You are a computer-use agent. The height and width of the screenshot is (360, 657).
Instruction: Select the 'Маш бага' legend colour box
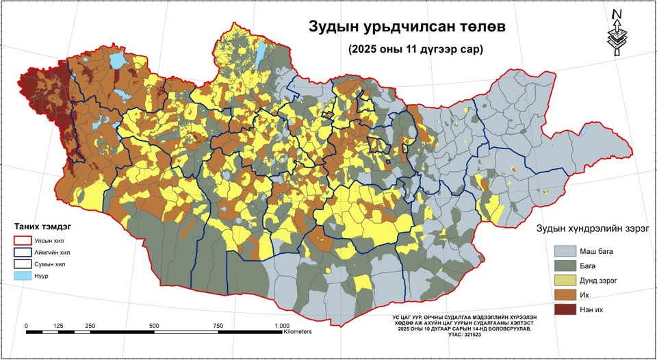(x=566, y=251)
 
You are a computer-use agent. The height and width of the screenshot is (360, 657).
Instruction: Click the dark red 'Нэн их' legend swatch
(x=566, y=309)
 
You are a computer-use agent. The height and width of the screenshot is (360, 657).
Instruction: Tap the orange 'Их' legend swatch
(x=566, y=295)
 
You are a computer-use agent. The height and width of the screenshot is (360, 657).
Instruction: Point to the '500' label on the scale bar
(x=153, y=325)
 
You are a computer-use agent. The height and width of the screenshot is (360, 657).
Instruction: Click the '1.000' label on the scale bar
(x=281, y=325)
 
